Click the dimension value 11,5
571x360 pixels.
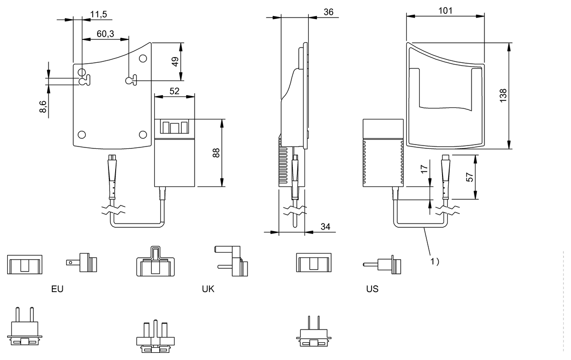tap(98, 14)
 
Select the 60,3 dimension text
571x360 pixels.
tap(105, 34)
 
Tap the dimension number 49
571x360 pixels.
tap(175, 62)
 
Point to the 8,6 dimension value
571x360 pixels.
tap(43, 107)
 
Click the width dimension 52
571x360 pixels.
tap(174, 91)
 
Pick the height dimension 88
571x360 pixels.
tap(216, 153)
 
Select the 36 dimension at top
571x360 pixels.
tap(328, 12)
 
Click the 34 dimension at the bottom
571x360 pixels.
tap(325, 226)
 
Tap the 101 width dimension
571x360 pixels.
tap(445, 11)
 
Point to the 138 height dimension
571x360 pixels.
tap(503, 96)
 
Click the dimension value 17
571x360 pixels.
tap(424, 169)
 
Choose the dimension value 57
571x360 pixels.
tap(470, 177)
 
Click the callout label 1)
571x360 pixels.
tap(435, 262)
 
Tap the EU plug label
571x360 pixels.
tap(57, 289)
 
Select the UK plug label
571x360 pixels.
tap(208, 289)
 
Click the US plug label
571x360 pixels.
tap(372, 289)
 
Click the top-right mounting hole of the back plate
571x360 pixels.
tap(143, 58)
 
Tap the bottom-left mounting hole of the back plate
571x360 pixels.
tap(81, 135)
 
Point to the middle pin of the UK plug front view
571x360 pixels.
tap(156, 329)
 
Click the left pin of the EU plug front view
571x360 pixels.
tap(18, 315)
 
